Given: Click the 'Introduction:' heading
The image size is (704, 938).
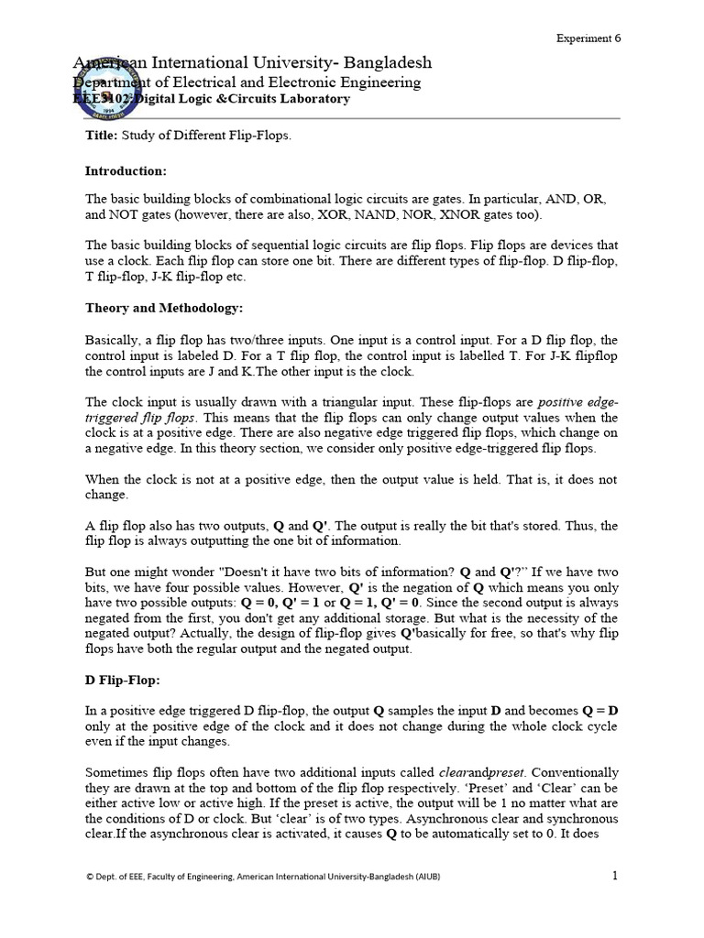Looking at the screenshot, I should coord(126,170).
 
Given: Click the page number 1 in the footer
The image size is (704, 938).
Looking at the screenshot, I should coord(615,876).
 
